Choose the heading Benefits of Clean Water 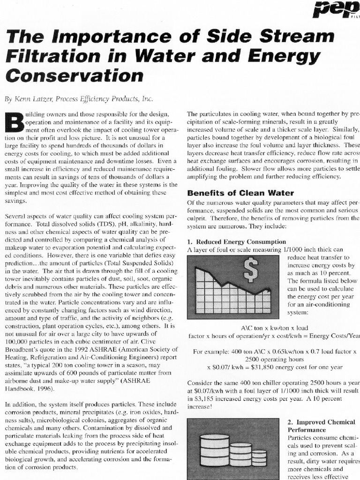click(x=240, y=193)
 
